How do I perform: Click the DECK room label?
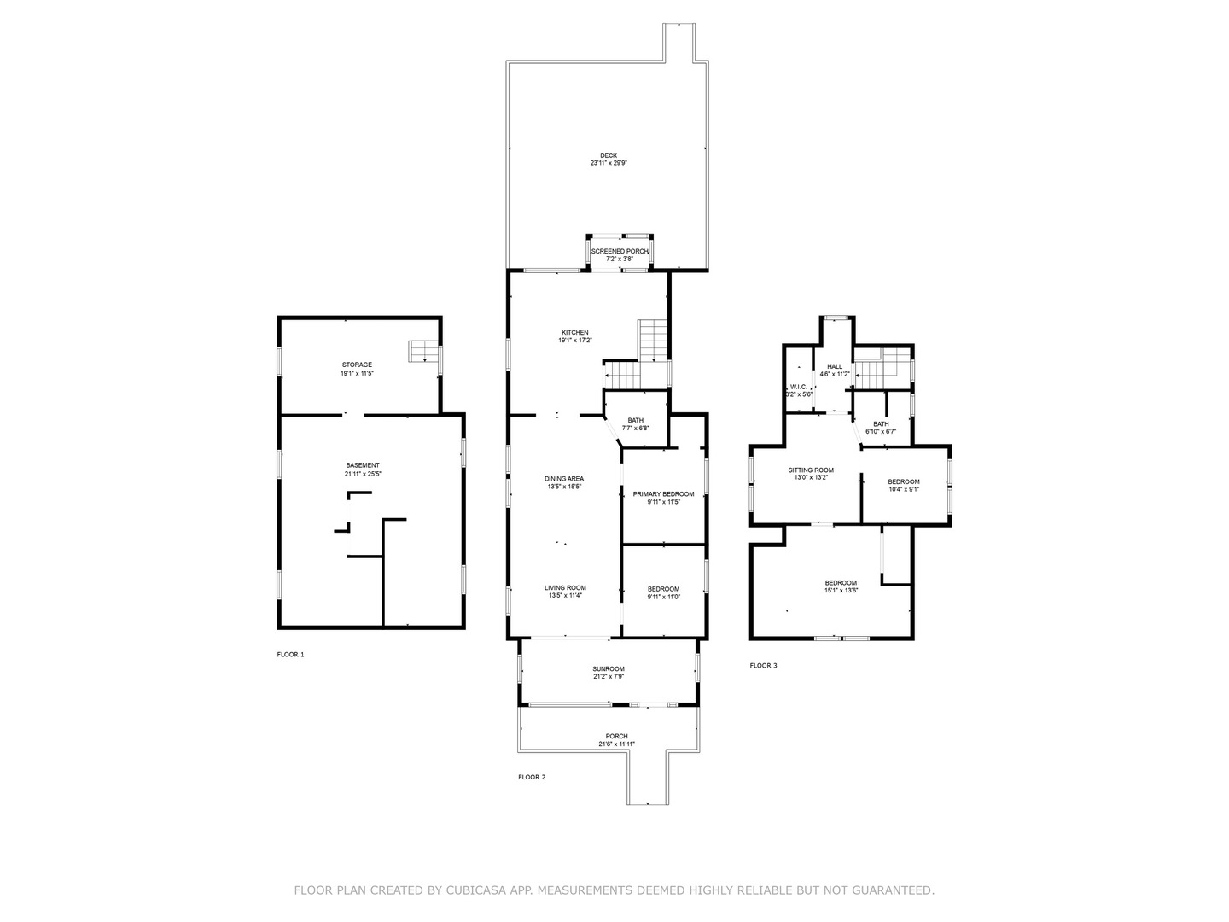click(x=608, y=155)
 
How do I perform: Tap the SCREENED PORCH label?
click(x=620, y=251)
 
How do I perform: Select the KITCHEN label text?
click(x=575, y=333)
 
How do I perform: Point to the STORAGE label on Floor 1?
click(x=358, y=365)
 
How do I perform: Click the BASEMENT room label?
click(x=363, y=465)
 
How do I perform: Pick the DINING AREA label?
click(x=564, y=479)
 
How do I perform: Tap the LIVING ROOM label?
click(x=566, y=588)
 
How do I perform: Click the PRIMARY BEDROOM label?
click(x=663, y=494)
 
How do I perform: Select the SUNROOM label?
click(x=609, y=669)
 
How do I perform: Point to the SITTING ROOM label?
click(x=812, y=470)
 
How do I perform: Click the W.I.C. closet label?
click(x=799, y=387)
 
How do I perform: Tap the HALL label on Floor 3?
click(x=835, y=367)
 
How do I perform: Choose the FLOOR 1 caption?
click(x=290, y=655)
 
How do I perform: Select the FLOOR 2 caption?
click(x=532, y=777)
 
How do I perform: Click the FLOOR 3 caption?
click(x=764, y=666)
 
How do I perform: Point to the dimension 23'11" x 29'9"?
click(x=609, y=163)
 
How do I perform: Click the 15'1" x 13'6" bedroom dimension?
click(x=841, y=590)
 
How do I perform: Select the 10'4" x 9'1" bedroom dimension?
click(x=904, y=489)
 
